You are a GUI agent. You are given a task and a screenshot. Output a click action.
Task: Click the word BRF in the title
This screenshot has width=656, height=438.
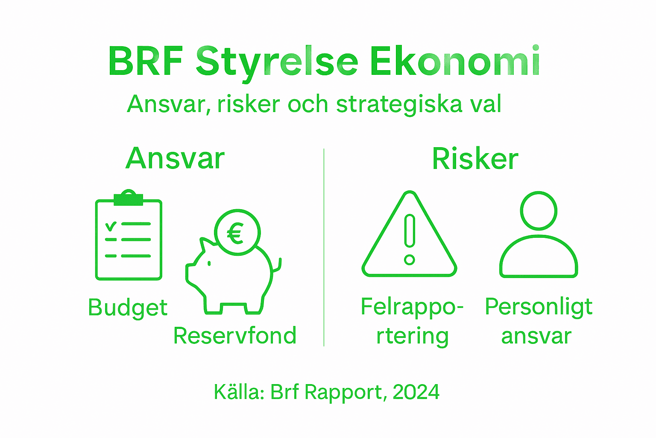click(146, 61)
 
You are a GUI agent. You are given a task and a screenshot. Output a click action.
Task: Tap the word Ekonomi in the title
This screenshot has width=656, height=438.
click(455, 61)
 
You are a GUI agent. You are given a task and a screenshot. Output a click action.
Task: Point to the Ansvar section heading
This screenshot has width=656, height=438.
click(175, 159)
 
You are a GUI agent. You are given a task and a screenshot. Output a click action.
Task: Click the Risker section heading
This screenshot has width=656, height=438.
click(475, 159)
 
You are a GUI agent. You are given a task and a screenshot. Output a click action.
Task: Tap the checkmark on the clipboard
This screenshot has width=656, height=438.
click(111, 225)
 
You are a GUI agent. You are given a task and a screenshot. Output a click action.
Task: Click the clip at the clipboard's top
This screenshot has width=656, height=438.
click(129, 197)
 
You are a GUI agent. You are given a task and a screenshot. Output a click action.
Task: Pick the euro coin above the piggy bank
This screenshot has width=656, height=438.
click(237, 232)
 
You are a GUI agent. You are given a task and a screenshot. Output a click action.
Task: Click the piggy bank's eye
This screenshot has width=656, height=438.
click(209, 263)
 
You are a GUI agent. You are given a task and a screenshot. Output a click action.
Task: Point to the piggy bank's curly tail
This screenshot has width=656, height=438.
click(278, 265)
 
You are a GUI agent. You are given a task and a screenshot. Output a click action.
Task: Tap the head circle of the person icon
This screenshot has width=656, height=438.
click(539, 210)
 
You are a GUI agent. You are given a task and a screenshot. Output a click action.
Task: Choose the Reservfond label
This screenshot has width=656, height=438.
click(235, 336)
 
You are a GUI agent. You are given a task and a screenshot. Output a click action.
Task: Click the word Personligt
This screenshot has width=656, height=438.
click(539, 307)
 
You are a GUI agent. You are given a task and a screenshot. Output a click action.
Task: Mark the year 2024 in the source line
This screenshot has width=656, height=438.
click(416, 392)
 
